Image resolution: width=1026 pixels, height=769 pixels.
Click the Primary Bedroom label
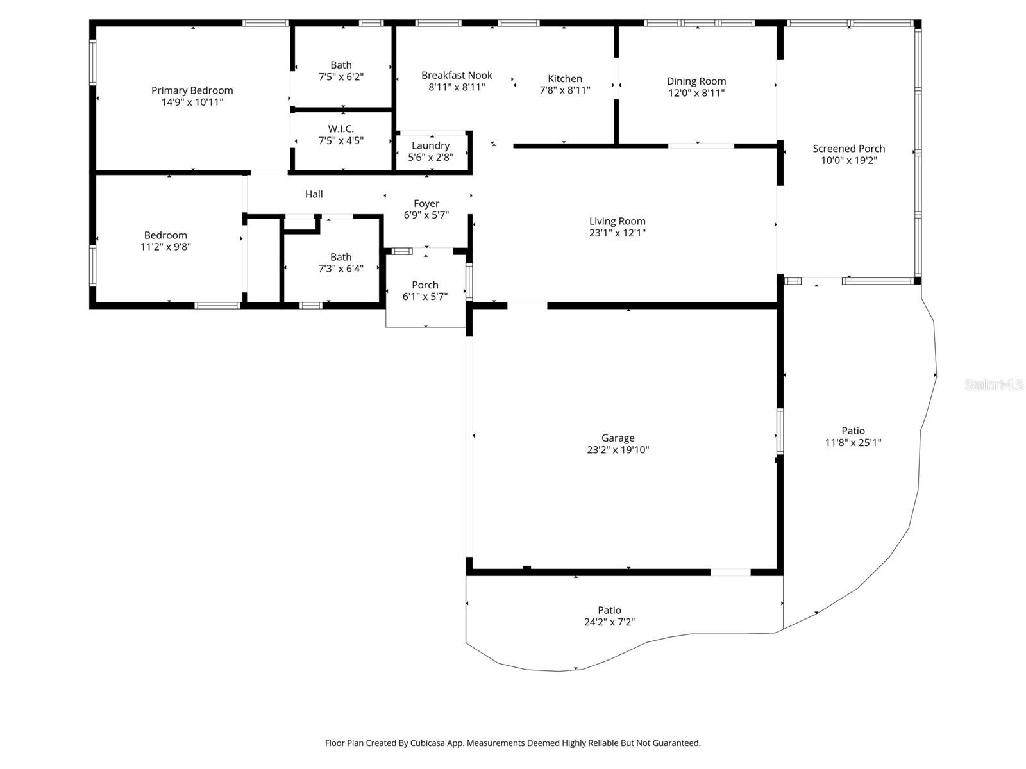(x=192, y=90)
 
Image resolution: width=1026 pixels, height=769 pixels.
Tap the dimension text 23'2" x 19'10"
(x=618, y=450)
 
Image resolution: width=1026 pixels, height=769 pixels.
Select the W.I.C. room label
(x=341, y=129)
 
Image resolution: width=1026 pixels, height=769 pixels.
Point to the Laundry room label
(x=430, y=145)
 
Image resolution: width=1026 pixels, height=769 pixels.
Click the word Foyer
(x=426, y=204)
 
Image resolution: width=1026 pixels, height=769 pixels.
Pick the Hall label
(x=314, y=194)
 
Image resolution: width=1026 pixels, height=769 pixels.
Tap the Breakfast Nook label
(x=457, y=75)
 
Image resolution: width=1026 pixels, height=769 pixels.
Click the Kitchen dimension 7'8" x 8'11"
(x=564, y=90)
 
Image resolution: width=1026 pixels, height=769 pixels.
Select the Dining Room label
(x=696, y=81)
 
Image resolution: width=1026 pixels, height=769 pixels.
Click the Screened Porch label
(x=848, y=149)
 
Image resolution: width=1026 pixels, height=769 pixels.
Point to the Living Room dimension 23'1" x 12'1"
(x=617, y=233)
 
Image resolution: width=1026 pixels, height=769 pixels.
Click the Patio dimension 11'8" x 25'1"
(x=853, y=442)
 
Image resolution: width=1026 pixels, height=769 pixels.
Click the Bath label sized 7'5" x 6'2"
(x=341, y=65)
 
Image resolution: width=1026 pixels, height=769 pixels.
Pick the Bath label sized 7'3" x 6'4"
(x=341, y=257)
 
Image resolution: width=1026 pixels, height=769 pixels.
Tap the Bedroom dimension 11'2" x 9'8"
(x=165, y=247)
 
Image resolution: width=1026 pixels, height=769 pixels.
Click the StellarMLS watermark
(x=994, y=384)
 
